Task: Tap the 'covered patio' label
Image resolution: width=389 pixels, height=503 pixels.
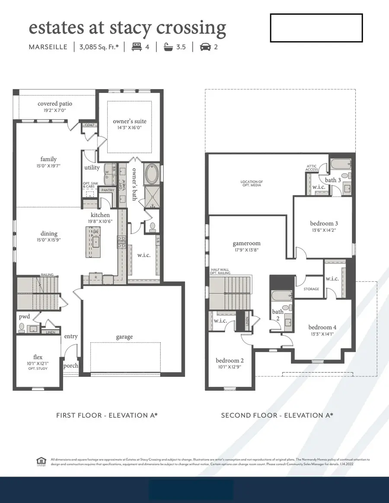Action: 55,104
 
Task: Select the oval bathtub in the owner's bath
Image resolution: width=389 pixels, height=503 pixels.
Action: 152,174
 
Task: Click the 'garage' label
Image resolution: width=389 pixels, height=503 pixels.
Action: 124,337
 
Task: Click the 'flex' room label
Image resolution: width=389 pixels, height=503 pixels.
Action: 38,357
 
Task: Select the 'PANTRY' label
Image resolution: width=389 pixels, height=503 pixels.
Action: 108,190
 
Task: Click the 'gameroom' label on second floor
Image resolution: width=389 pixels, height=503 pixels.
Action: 246,243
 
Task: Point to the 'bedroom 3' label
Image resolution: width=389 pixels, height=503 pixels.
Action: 324,223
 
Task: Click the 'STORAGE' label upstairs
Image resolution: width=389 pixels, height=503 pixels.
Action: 311,289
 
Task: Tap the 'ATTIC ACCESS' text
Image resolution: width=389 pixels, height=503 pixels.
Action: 312,168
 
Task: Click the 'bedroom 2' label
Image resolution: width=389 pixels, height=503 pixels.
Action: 230,360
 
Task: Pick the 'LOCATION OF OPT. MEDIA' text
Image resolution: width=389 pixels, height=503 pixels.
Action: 252,184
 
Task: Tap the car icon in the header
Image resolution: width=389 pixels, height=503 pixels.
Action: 205,47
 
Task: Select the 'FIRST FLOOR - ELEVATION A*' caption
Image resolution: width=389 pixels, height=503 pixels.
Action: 107,415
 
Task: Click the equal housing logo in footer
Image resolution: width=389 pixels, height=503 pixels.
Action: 41,462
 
